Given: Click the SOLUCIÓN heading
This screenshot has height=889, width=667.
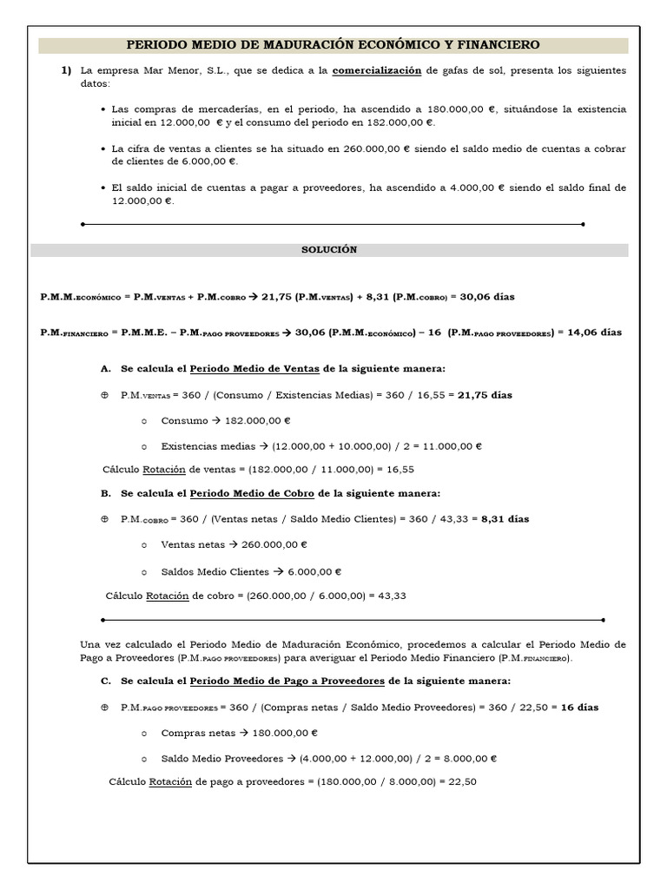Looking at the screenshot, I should tap(329, 249).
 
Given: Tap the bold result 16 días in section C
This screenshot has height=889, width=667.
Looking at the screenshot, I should tap(580, 708).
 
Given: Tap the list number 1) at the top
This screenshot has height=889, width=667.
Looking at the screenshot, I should tap(66, 69).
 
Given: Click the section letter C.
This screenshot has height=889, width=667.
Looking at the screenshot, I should tap(106, 682).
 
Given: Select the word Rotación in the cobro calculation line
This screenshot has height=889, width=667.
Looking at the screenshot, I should tap(167, 596).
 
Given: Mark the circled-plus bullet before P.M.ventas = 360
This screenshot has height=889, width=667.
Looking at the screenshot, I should tap(105, 395).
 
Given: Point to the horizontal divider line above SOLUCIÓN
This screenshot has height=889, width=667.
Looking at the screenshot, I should tap(333, 224).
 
